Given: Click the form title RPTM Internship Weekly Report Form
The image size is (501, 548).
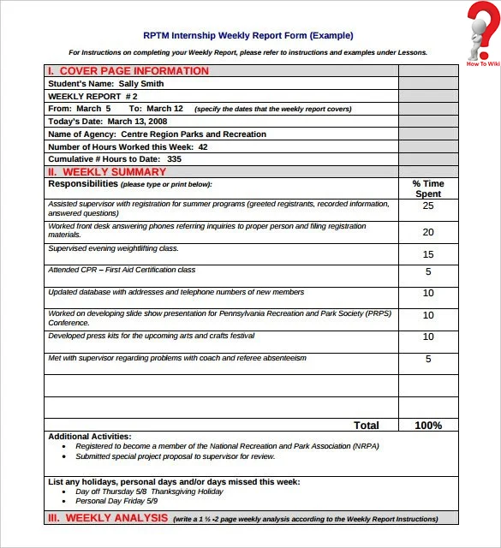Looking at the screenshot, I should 248,36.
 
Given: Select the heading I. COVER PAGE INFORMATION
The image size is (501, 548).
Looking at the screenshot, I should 128,71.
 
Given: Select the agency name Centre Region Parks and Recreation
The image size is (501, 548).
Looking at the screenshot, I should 194,134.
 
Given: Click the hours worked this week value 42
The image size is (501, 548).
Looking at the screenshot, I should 203,147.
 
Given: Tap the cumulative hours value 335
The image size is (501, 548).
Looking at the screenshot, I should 174,159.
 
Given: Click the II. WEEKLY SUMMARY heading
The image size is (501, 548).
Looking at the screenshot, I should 107,172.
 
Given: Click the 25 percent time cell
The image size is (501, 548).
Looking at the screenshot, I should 428,205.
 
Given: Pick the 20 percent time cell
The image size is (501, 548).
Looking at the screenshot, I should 428,232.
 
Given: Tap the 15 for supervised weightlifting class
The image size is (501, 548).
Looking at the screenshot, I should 428,254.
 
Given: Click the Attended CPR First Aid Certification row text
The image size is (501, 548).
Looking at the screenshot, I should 122,270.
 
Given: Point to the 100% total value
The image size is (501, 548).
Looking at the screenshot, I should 428,426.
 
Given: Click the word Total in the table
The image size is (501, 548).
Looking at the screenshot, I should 367,426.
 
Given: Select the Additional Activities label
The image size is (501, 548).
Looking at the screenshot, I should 90,437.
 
